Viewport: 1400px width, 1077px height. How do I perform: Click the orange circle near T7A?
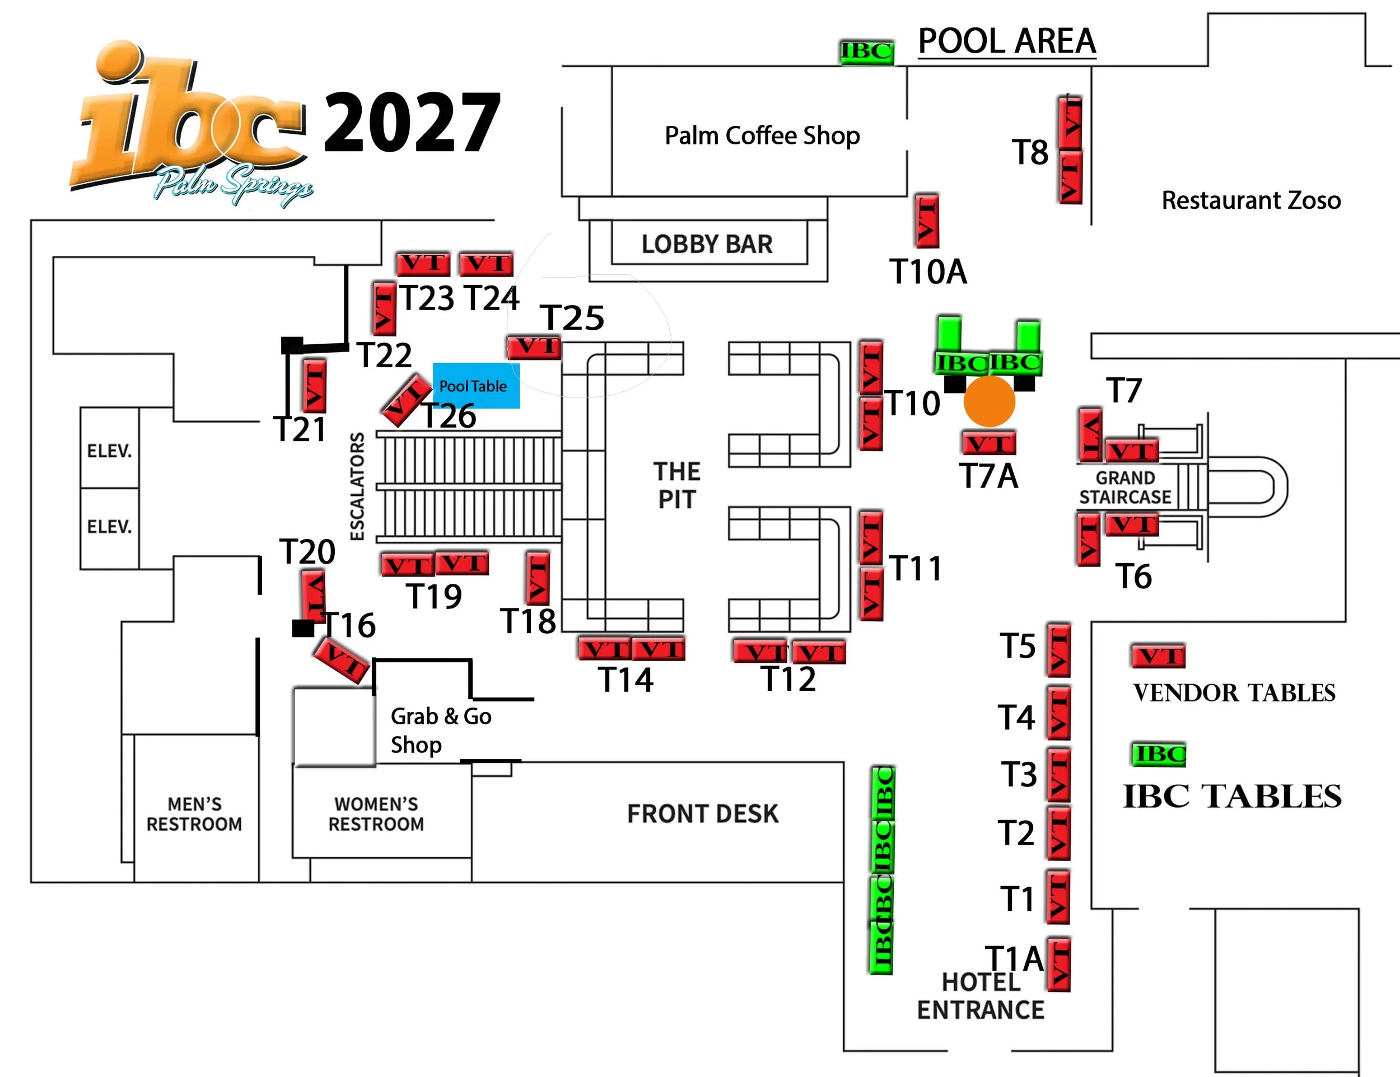(x=989, y=401)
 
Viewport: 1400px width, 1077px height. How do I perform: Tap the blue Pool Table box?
(x=475, y=386)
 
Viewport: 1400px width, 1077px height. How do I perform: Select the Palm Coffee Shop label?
(x=762, y=136)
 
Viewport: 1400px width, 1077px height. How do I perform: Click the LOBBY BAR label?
(x=707, y=244)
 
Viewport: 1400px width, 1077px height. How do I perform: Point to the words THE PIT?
(x=677, y=485)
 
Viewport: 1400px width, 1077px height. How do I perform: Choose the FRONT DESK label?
(x=703, y=814)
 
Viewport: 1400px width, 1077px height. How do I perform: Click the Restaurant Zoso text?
(x=1250, y=200)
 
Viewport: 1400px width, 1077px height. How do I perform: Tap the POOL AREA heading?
(x=1006, y=41)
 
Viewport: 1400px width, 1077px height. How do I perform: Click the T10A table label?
(x=927, y=271)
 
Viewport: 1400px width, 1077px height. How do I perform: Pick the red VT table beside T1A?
(x=1058, y=964)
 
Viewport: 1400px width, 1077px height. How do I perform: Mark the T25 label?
(x=572, y=318)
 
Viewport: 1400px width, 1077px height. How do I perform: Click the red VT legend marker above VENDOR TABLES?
(x=1158, y=656)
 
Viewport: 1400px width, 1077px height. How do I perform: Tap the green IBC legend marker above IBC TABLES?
(x=1158, y=754)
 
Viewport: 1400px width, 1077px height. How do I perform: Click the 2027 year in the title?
(x=412, y=123)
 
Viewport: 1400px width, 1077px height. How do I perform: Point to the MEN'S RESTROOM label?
(x=194, y=814)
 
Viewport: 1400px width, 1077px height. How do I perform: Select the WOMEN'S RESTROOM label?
(x=376, y=814)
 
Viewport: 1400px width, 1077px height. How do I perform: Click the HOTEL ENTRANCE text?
(x=980, y=996)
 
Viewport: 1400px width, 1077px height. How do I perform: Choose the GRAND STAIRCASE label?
(x=1125, y=488)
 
